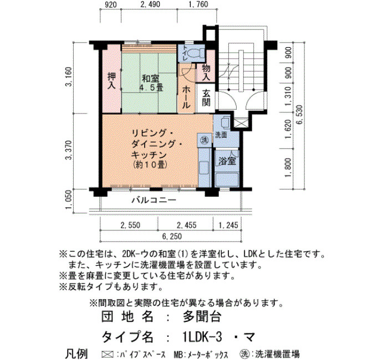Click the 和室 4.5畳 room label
click(151, 83)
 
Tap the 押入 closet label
click(111, 81)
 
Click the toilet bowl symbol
click(195, 53)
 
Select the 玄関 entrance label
click(206, 98)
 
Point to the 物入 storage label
click(206, 73)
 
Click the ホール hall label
click(186, 98)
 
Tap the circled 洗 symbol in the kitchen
click(205, 140)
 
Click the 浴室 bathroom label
click(227, 161)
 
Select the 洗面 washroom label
click(221, 135)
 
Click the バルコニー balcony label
click(154, 200)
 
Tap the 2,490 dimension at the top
click(150, 4)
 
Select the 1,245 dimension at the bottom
click(228, 225)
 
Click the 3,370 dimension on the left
click(69, 150)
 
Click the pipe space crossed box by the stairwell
click(239, 123)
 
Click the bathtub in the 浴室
click(227, 180)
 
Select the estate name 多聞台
click(202, 317)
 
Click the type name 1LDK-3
click(200, 337)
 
